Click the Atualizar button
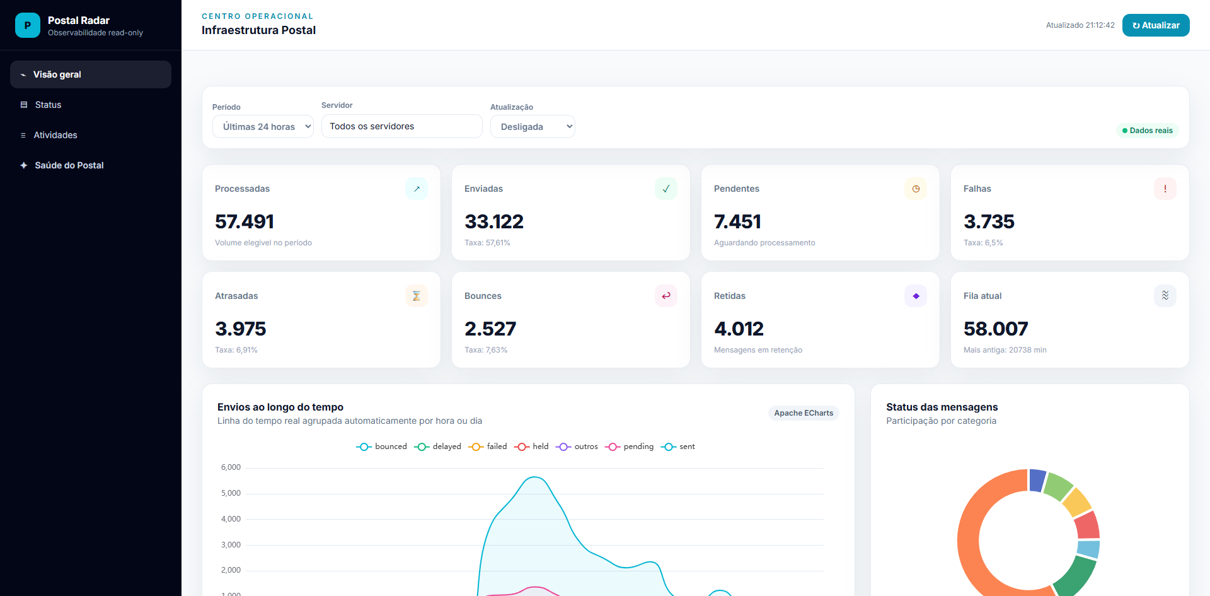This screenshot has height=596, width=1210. pyautogui.click(x=1156, y=25)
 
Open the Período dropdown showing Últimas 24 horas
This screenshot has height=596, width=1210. pyautogui.click(x=263, y=126)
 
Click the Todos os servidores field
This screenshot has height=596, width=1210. pyautogui.click(x=402, y=126)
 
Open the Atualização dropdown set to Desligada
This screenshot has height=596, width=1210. pyautogui.click(x=533, y=126)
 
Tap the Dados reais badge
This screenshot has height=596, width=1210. pyautogui.click(x=1147, y=131)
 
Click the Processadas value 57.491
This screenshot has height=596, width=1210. pyautogui.click(x=245, y=221)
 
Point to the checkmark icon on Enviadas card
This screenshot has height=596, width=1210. pyautogui.click(x=666, y=189)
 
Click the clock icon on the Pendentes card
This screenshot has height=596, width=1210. pyautogui.click(x=916, y=189)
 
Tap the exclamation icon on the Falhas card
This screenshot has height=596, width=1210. pyautogui.click(x=1165, y=189)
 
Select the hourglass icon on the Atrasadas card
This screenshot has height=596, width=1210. pyautogui.click(x=417, y=296)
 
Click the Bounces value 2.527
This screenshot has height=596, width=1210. pyautogui.click(x=490, y=329)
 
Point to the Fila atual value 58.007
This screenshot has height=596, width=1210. pyautogui.click(x=996, y=329)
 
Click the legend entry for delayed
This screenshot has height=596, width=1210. pyautogui.click(x=437, y=447)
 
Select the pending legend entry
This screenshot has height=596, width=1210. pyautogui.click(x=629, y=447)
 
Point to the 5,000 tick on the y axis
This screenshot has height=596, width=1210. pyautogui.click(x=231, y=493)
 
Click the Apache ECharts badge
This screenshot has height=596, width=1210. pyautogui.click(x=804, y=413)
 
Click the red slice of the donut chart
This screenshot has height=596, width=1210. pyautogui.click(x=1088, y=525)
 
